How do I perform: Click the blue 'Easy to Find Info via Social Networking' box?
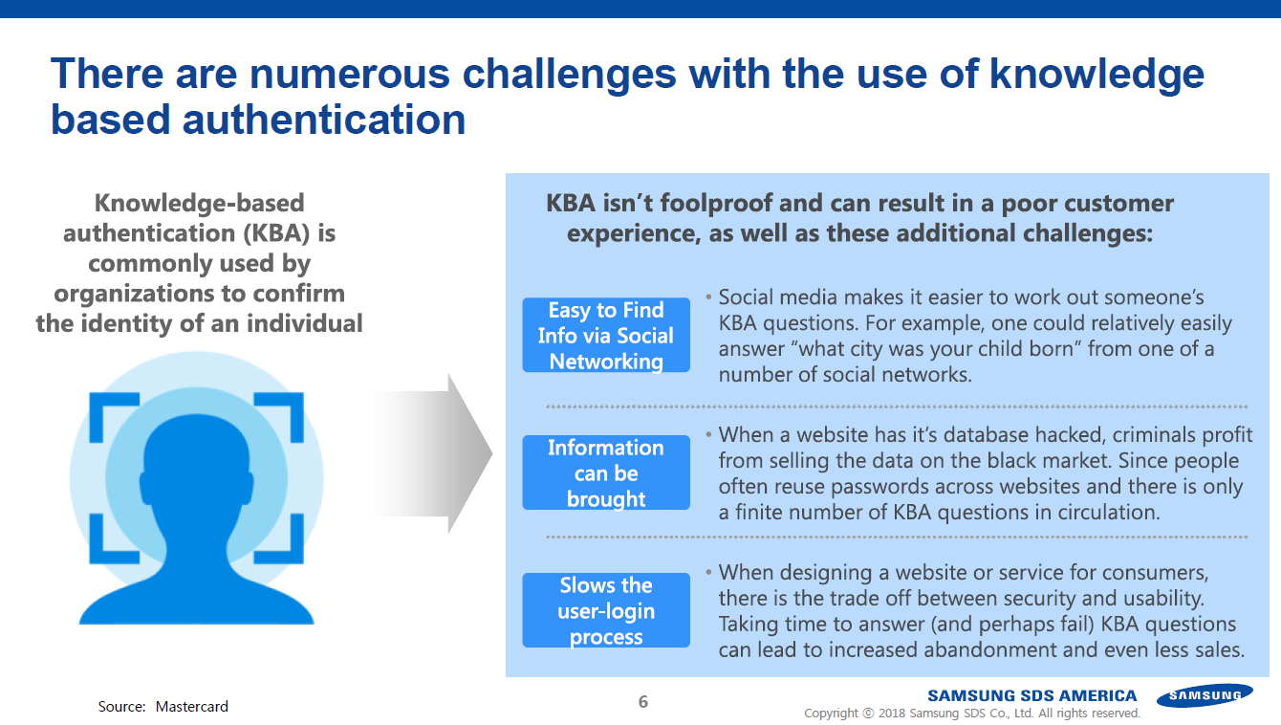(606, 335)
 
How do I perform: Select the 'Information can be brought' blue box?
(606, 472)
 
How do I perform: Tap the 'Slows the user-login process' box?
(606, 610)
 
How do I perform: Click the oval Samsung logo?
(1205, 695)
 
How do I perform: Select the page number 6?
(642, 702)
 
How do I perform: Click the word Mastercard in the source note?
(191, 707)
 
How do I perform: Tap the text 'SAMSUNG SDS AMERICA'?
(1031, 695)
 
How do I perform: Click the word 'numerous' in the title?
(350, 74)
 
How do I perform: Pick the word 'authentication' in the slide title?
(324, 120)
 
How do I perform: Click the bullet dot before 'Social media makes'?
(708, 297)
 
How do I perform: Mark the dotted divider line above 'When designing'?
(896, 538)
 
